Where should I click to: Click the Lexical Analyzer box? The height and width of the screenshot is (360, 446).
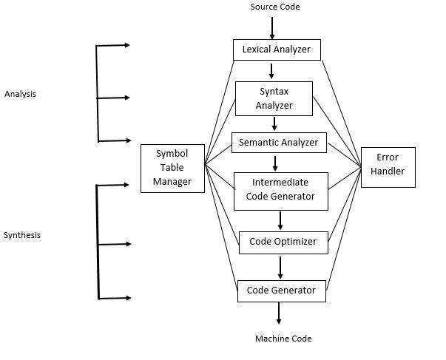[277, 50]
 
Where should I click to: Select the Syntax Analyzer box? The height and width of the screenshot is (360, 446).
[274, 98]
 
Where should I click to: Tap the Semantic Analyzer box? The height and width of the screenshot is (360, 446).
[279, 142]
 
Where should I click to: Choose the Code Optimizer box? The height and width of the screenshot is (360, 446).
[283, 242]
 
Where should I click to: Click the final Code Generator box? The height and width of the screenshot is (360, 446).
[282, 290]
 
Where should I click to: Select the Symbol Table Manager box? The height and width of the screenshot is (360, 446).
[172, 168]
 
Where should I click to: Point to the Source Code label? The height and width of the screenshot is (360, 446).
[275, 7]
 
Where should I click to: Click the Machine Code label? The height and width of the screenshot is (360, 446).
[283, 339]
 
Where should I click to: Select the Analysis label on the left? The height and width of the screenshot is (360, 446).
[20, 94]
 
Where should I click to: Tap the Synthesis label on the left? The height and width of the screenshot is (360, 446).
[22, 235]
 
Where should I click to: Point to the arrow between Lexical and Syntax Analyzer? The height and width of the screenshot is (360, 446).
[272, 71]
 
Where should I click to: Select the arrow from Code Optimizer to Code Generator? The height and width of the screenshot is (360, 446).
[280, 266]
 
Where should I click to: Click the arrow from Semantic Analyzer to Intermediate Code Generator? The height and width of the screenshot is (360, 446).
[275, 162]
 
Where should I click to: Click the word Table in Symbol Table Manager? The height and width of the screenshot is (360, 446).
[172, 168]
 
